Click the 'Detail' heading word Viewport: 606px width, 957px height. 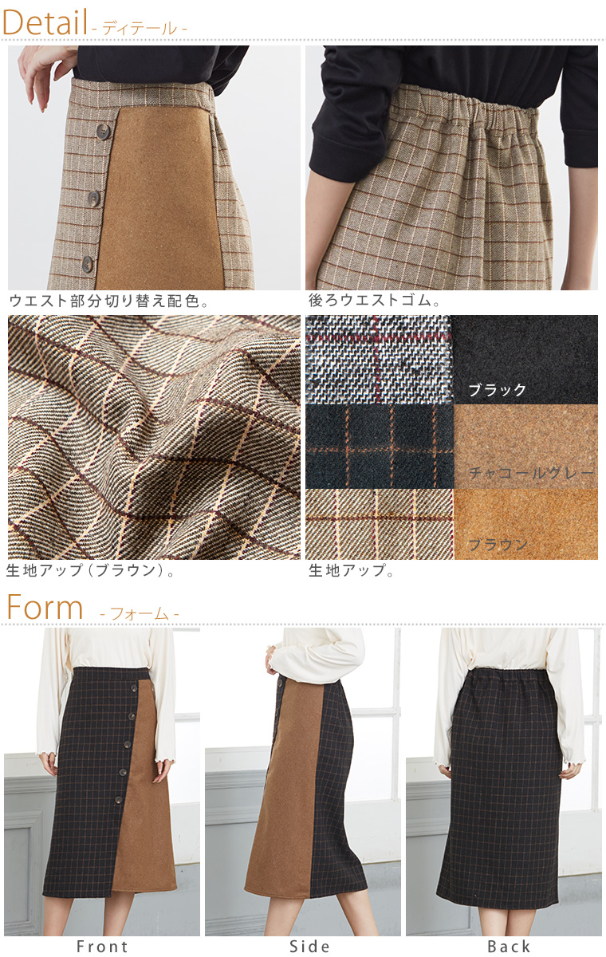45,22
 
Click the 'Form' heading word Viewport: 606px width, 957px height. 45,607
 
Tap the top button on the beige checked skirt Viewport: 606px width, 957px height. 103,130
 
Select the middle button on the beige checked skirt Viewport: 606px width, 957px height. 94,199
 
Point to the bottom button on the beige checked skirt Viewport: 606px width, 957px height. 88,263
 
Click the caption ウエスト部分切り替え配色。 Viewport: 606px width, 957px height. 109,301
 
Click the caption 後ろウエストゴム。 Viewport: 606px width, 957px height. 375,301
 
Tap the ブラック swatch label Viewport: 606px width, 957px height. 497,390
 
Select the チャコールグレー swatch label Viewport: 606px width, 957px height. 531,473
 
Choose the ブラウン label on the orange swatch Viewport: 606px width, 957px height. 498,545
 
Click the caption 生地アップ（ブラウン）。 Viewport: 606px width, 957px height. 91,570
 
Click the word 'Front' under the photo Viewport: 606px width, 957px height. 102,947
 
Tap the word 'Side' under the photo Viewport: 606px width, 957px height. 309,947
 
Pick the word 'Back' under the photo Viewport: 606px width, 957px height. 509,947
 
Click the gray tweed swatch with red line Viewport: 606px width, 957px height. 380,360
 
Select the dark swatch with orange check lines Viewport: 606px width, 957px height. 380,447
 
